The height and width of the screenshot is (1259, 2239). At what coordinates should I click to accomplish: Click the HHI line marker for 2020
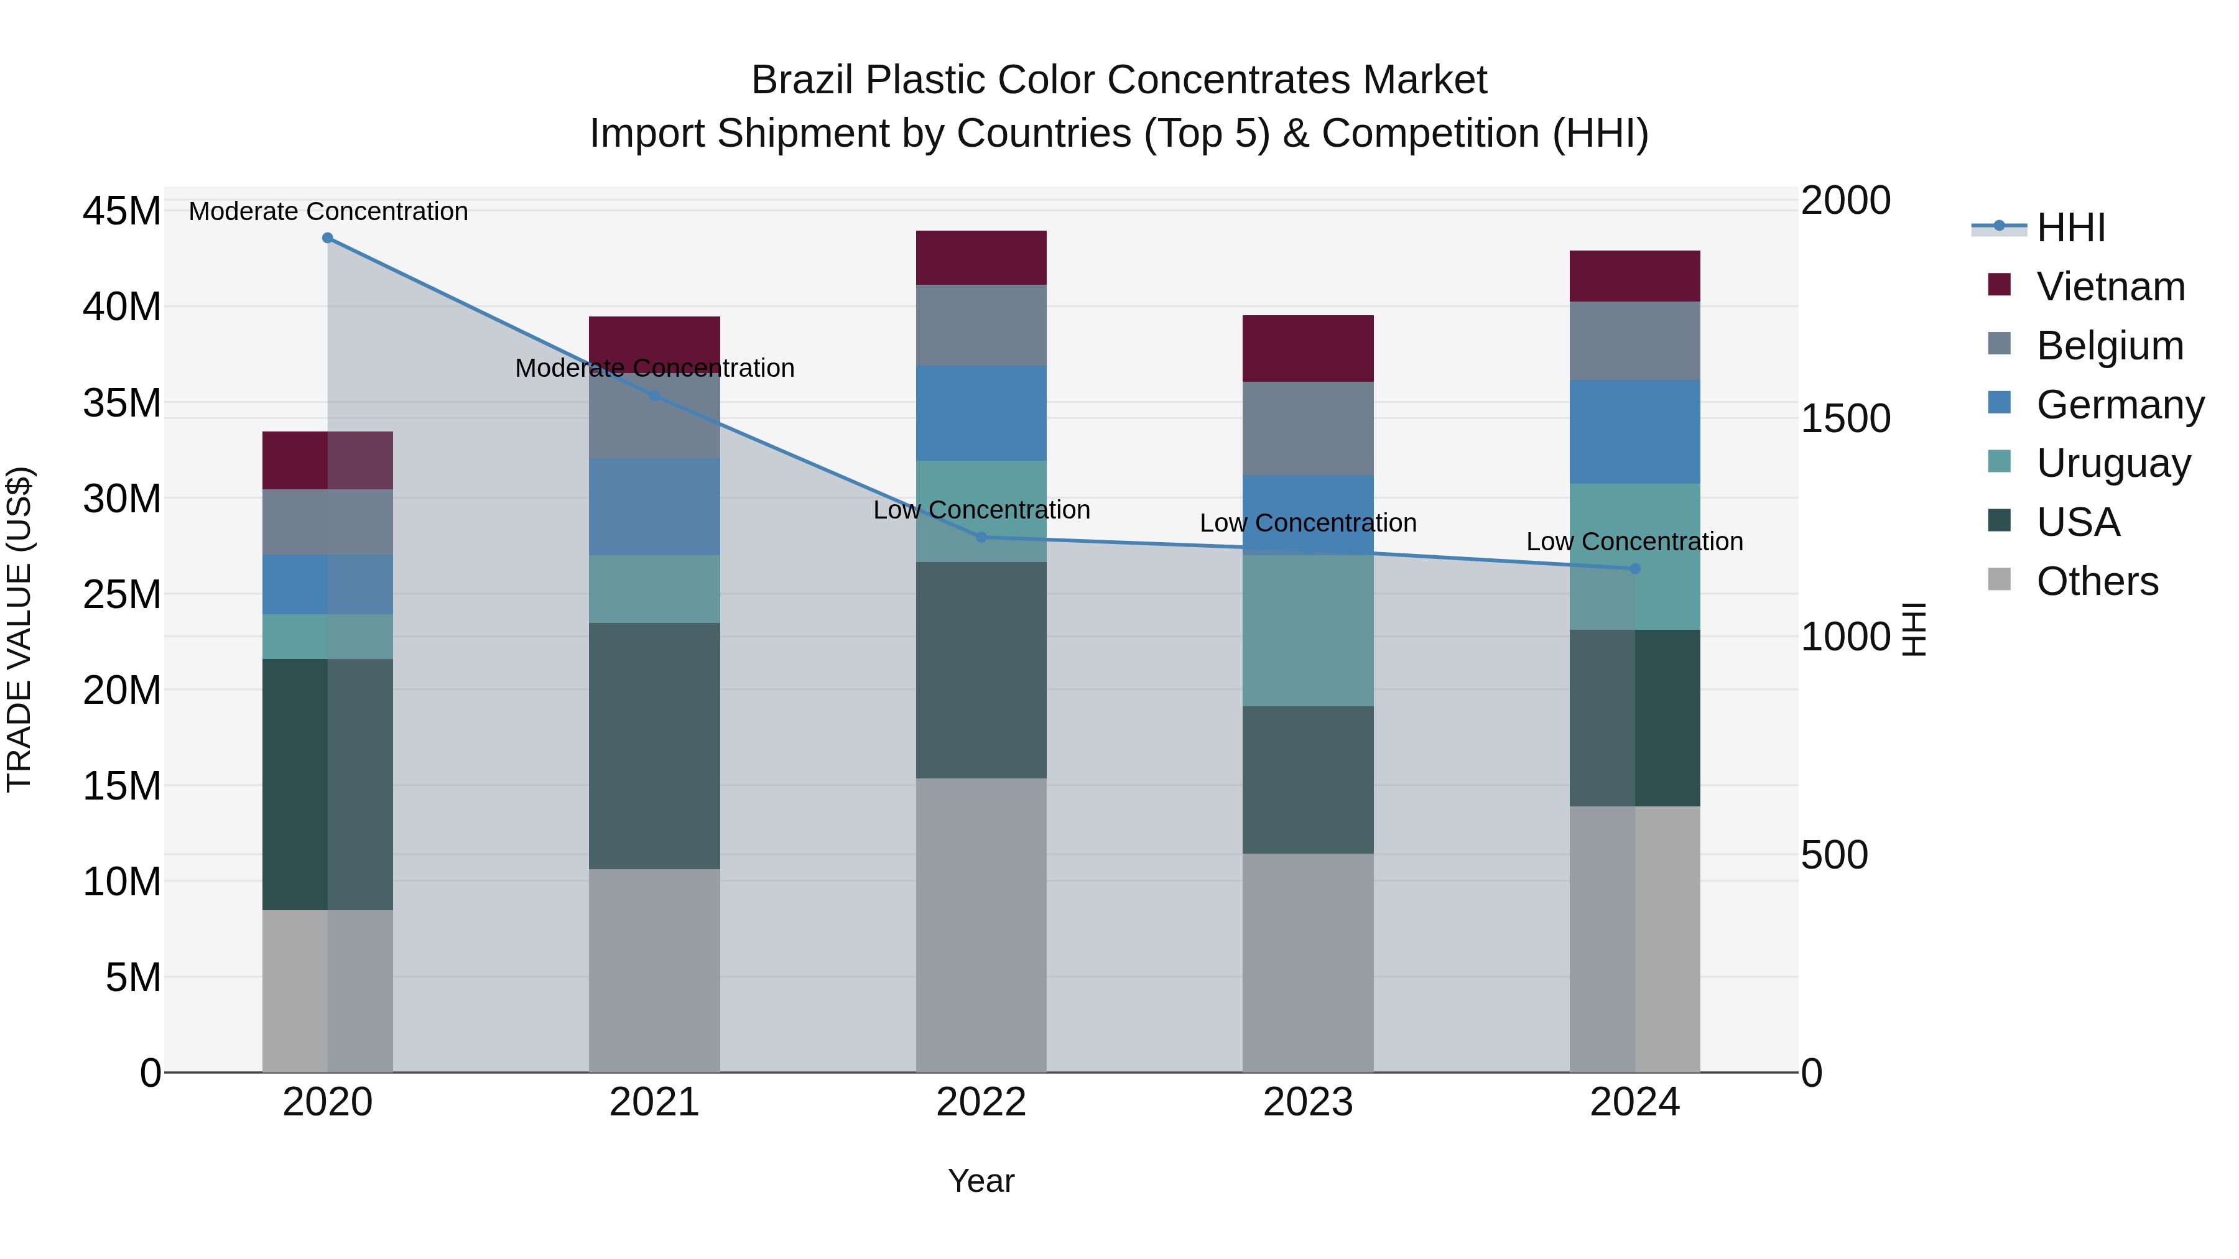point(328,238)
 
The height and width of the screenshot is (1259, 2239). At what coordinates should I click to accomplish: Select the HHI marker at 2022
point(981,537)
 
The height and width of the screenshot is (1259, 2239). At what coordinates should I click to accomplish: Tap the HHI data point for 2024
point(1635,569)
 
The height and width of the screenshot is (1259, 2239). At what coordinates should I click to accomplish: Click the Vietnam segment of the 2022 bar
point(981,258)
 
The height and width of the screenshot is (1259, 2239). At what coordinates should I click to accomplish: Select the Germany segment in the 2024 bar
point(1635,432)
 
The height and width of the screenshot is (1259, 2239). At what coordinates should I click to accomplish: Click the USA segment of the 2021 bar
point(654,745)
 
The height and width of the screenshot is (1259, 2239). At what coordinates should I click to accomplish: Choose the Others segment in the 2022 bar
point(981,925)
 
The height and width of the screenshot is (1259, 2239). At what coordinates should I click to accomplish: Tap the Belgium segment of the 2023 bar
point(1308,428)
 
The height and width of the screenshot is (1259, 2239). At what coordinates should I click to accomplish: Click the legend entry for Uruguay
point(2113,463)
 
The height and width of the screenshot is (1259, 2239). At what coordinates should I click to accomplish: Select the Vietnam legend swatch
point(1999,285)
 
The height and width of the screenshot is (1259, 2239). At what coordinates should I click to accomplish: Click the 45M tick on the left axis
point(122,211)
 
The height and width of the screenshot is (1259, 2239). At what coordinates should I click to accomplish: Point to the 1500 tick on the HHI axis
point(1845,419)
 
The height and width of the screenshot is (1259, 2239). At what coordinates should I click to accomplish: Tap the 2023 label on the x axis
point(1308,1102)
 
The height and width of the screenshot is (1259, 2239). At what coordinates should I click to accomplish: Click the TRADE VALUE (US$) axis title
point(19,629)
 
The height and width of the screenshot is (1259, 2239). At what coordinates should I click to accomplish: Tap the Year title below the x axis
point(981,1181)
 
